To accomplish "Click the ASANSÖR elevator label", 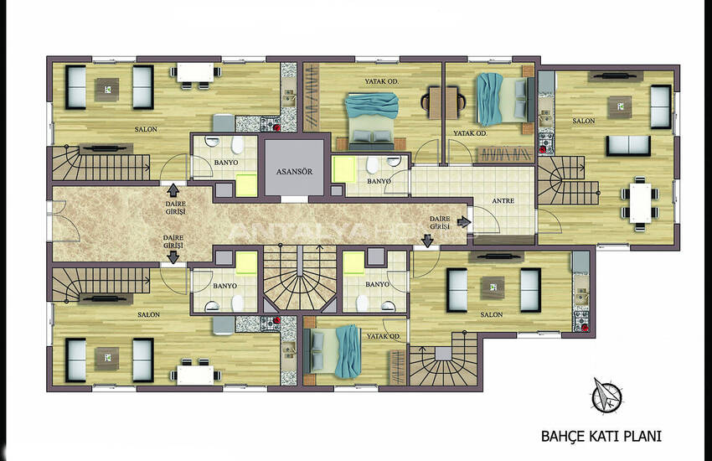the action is (x=294, y=172).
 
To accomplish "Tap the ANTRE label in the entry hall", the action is (x=503, y=201).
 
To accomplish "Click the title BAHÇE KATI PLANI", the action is (x=601, y=437).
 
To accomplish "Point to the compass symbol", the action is (x=606, y=395).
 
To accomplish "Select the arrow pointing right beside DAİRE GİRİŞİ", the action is (x=463, y=222).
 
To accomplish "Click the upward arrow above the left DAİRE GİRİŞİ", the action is (x=173, y=190).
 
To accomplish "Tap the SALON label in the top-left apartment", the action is (x=146, y=129).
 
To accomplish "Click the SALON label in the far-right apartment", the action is (x=584, y=121).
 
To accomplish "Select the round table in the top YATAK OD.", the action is (x=444, y=102).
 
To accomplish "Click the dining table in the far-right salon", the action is (x=640, y=203).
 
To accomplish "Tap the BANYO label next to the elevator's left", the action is (x=225, y=163).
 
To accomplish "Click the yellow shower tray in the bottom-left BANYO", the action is (x=246, y=264).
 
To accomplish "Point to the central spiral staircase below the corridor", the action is (x=300, y=277).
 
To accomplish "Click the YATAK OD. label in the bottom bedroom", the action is (x=384, y=337).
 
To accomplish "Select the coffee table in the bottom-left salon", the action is (x=106, y=359).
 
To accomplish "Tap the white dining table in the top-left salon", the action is (x=195, y=73).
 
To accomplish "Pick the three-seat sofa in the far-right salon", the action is (x=628, y=146).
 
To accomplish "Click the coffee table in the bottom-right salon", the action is (x=493, y=287).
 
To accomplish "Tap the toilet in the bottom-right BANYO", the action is (x=362, y=303).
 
